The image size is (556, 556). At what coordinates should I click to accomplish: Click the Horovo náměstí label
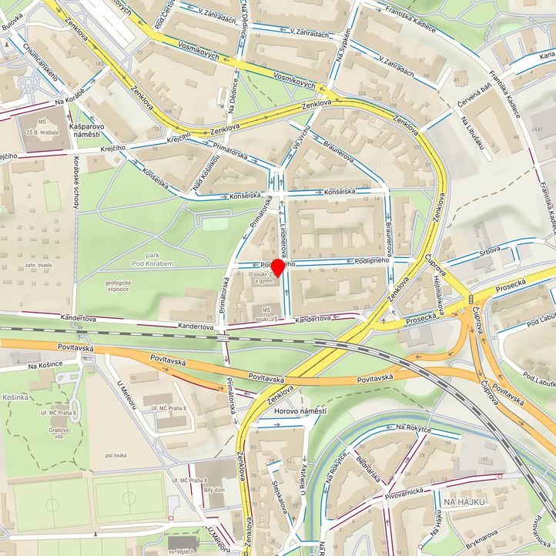click(x=300, y=411)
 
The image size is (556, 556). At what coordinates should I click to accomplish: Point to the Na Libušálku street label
click(x=476, y=132)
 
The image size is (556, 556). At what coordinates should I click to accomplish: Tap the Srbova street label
click(x=489, y=249)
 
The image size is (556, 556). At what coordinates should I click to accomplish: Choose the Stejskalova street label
click(x=280, y=497)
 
